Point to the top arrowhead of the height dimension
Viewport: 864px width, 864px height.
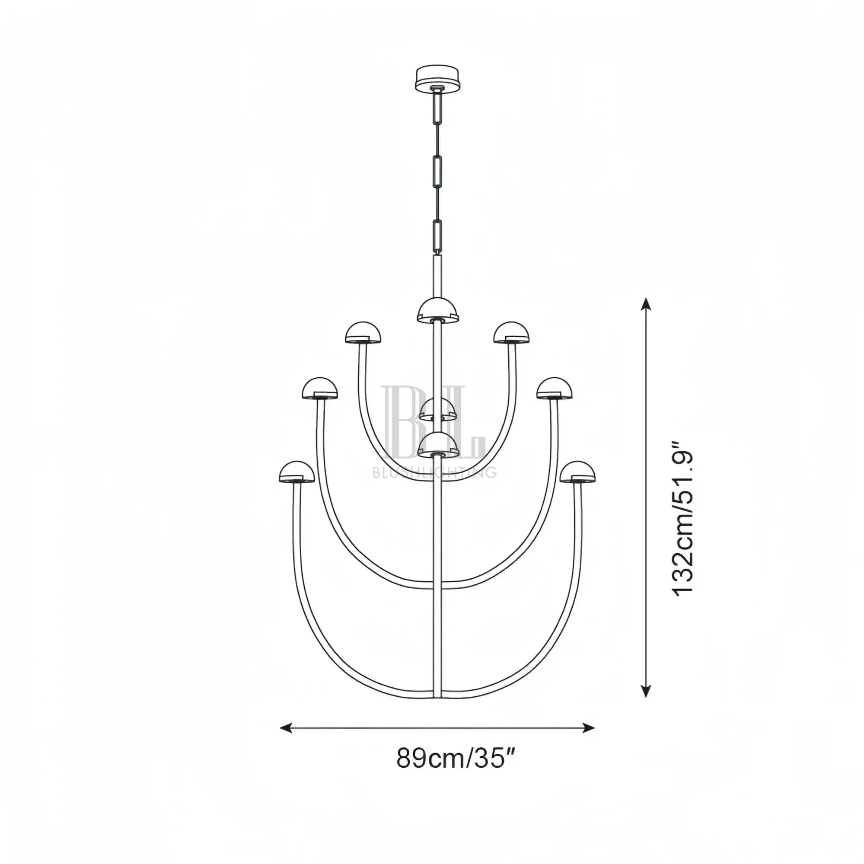[646, 305]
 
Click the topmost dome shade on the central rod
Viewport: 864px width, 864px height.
[438, 310]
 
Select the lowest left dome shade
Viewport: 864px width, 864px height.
[297, 472]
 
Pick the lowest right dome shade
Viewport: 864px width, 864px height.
[578, 472]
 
